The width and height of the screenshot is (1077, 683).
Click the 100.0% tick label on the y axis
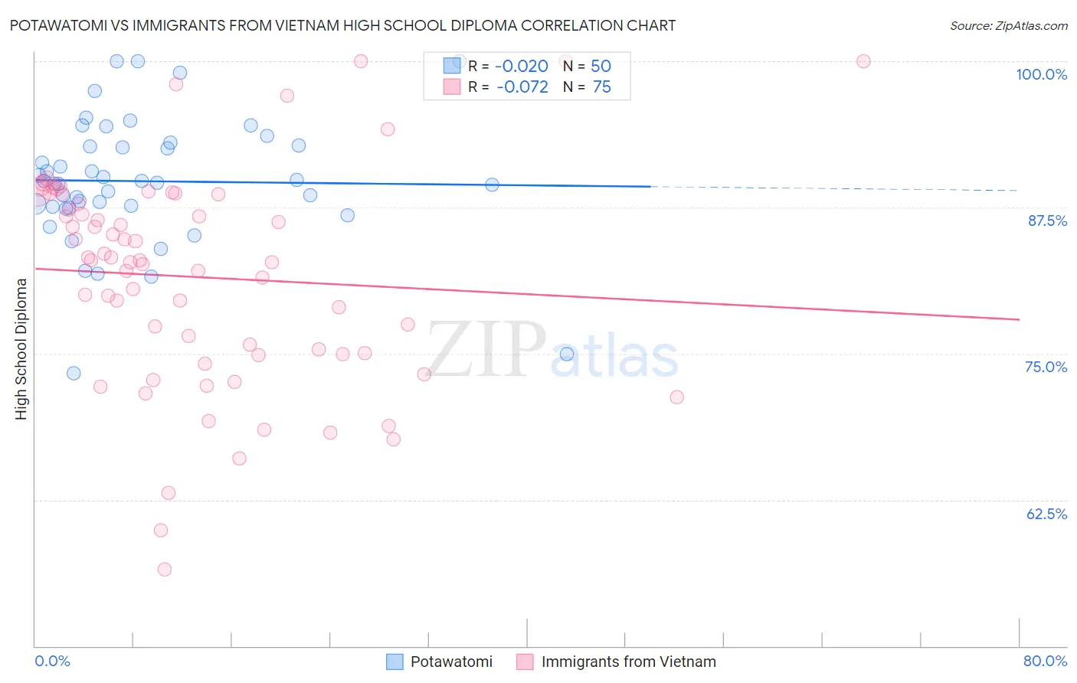1041,74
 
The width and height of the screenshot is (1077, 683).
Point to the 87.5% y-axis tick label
1047,221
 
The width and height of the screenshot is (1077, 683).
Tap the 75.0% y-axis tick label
1046,367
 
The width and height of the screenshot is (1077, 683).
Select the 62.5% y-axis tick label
1046,514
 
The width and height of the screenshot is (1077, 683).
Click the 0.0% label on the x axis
52,661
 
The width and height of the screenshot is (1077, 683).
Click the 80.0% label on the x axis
1045,661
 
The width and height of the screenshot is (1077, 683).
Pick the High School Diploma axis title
21,348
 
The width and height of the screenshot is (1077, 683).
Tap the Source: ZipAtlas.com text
1008,25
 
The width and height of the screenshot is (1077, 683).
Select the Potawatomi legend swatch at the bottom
394,662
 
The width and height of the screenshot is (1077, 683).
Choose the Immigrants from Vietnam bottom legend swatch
525,662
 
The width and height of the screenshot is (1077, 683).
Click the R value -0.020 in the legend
522,66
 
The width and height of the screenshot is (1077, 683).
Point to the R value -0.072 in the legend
522,87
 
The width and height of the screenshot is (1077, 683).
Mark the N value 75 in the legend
601,87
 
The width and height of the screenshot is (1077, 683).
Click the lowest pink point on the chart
164,569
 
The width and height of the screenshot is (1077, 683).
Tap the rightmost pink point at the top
863,61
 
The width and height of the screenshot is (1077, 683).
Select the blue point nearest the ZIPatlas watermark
567,354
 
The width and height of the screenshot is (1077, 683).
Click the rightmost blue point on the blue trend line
492,185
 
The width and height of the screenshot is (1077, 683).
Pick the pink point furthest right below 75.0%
676,397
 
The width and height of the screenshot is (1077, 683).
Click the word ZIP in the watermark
486,349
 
